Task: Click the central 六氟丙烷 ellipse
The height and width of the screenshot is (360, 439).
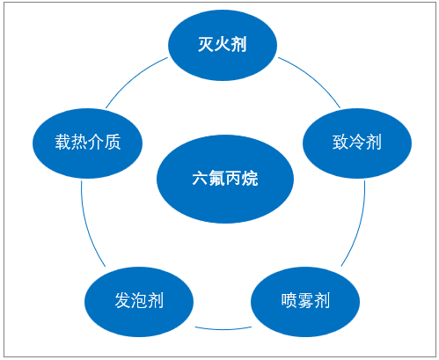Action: click(x=225, y=179)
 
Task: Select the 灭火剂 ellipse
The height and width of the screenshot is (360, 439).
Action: click(x=223, y=45)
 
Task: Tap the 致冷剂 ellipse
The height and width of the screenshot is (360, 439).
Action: click(x=357, y=143)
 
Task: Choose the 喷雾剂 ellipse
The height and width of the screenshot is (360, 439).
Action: click(x=305, y=302)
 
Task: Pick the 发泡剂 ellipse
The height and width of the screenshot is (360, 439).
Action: click(x=139, y=302)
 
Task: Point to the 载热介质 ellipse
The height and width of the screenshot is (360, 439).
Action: click(x=87, y=143)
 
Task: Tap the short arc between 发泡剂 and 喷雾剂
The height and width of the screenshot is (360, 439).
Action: click(x=223, y=329)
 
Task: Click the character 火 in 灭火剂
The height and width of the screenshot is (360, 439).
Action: click(x=223, y=45)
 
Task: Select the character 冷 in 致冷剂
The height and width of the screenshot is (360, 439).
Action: click(x=357, y=143)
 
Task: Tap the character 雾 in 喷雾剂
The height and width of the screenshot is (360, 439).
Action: click(x=305, y=300)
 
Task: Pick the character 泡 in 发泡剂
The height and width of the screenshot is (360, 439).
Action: click(x=139, y=300)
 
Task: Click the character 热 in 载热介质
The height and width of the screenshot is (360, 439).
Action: click(x=79, y=142)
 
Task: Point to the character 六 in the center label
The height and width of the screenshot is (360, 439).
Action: click(x=200, y=178)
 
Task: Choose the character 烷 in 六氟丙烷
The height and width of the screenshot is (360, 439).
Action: click(x=250, y=178)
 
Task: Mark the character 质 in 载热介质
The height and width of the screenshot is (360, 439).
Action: click(x=113, y=142)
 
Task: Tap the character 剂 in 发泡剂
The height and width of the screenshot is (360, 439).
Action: click(x=156, y=300)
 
